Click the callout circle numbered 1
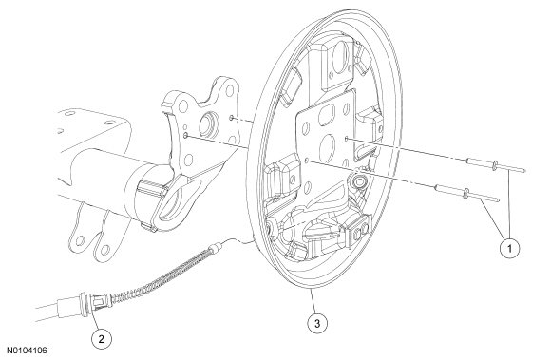tap(509, 249)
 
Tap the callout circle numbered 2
tap(102, 339)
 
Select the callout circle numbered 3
tap(317, 323)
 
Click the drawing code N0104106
tap(27, 351)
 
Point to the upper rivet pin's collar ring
tap(495, 164)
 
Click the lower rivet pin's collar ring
tap(467, 194)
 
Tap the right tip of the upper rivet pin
tap(525, 171)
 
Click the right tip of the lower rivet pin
tap(498, 200)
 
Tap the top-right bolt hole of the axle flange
tap(230, 91)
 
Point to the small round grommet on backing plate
tap(358, 181)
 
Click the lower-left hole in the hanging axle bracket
tap(81, 240)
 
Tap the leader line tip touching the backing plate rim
tap(312, 290)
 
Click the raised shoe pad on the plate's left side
tap(284, 175)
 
